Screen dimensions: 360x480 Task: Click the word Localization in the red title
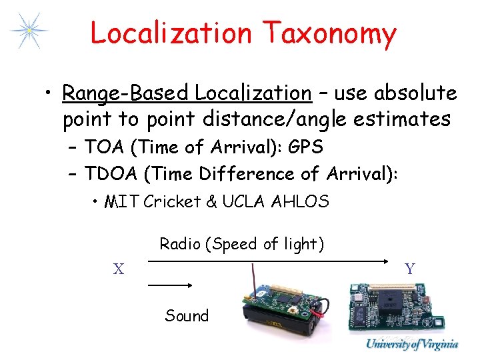[x=171, y=33]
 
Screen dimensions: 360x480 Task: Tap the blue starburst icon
[x=28, y=31]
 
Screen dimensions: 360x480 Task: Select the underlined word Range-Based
[x=124, y=93]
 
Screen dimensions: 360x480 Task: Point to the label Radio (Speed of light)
[x=241, y=244]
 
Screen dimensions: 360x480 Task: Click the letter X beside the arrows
[x=118, y=269]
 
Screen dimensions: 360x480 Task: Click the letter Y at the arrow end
[x=409, y=269]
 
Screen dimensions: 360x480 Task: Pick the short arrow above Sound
[x=170, y=285]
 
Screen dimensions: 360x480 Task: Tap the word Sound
[x=187, y=315]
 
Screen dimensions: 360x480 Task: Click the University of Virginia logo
[x=411, y=345]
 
